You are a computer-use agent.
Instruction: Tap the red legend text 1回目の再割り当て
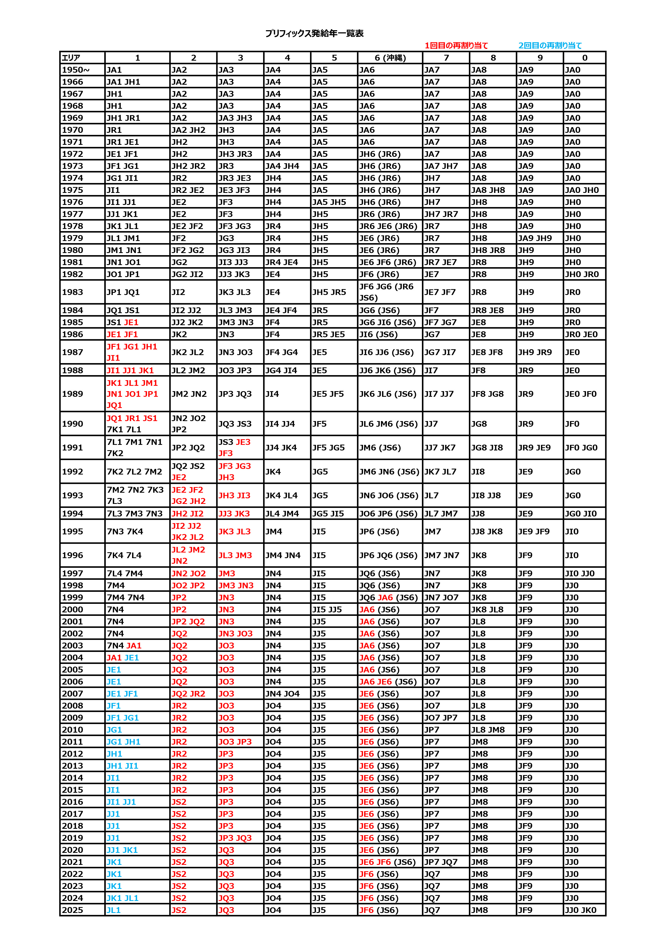point(456,46)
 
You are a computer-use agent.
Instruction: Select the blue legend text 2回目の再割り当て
point(550,46)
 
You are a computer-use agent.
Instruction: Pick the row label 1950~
point(76,70)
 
